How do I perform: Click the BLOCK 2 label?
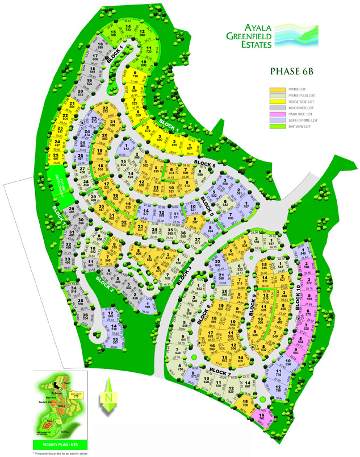coord(106,281)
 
